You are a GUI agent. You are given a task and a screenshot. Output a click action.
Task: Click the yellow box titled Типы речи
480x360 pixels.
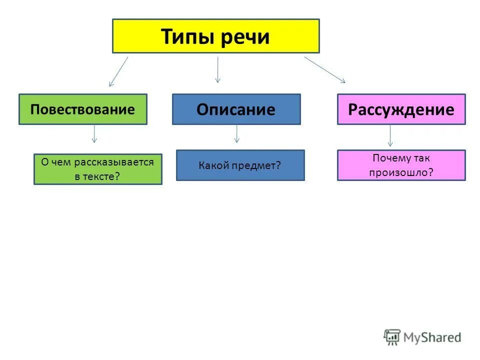pos(215,36)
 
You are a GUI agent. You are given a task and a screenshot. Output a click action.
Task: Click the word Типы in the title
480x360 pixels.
pos(183,37)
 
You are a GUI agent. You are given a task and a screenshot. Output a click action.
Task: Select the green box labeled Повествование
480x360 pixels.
pos(82,109)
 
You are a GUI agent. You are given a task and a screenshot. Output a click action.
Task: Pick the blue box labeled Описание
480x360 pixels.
pos(236,109)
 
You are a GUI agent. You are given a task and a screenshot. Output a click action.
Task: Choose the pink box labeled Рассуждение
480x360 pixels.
pos(401,109)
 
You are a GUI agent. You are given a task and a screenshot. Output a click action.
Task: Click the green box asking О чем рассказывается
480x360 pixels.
pos(97,169)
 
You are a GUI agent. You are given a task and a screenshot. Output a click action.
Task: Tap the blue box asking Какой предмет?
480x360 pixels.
pos(240,165)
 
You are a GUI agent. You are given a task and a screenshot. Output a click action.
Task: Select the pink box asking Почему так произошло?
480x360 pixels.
pos(401,165)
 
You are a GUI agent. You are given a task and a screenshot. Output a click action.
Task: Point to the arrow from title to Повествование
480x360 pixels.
pos(118,71)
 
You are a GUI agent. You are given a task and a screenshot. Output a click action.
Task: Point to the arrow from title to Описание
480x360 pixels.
pos(217,69)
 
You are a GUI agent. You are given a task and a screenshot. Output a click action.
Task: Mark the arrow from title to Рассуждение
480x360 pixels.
pos(324,69)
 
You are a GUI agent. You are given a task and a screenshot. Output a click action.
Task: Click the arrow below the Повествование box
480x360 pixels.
pos(94,134)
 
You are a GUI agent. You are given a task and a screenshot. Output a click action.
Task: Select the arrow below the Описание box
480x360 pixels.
pos(236,133)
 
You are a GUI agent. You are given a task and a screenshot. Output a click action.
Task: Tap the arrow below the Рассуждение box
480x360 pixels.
pos(390,135)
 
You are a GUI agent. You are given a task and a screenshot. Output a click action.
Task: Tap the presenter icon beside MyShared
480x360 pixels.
pos(392,337)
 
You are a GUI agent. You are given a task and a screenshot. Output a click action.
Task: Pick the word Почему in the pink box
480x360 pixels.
pos(391,158)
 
